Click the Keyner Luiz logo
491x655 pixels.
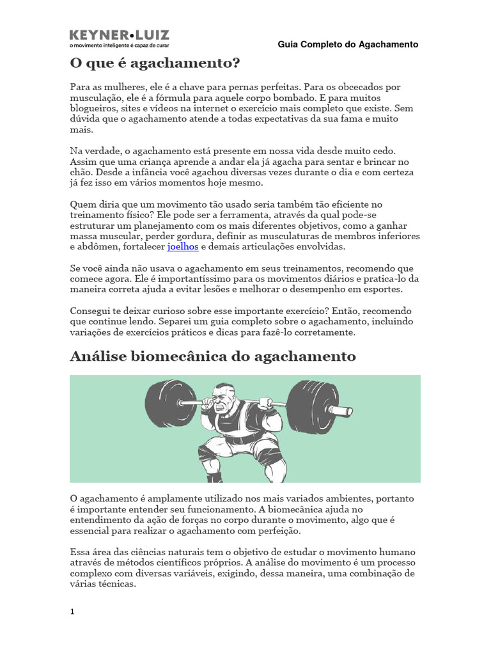coord(119,38)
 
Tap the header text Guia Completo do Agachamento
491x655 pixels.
coord(348,45)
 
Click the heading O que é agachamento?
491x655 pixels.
coord(155,64)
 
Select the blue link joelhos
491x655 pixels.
coord(183,246)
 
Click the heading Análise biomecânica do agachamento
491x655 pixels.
coord(212,356)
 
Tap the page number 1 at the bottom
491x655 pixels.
coord(72,612)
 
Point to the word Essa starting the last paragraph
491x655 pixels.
coord(80,551)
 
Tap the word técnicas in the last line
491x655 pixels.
coord(115,584)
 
